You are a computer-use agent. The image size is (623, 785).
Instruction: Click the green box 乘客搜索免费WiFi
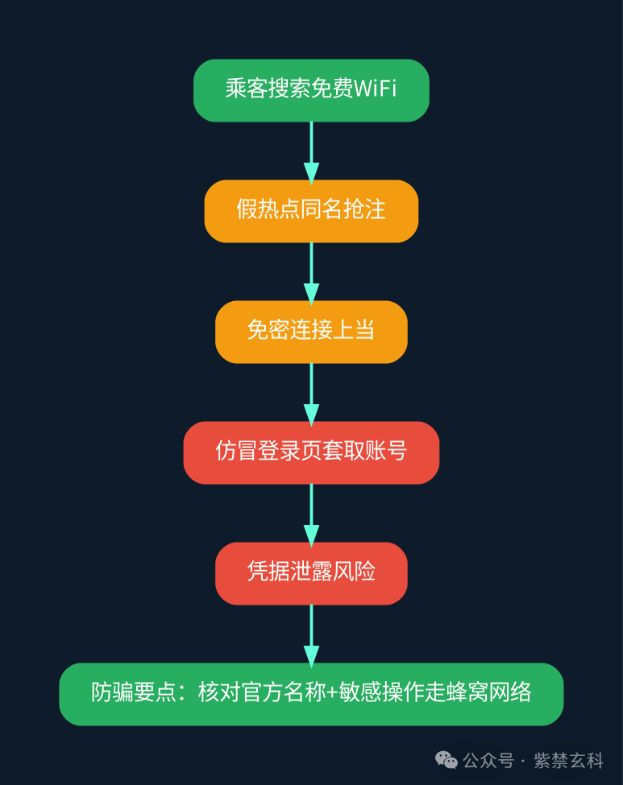[x=311, y=90]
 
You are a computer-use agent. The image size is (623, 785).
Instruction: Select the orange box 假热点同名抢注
[x=311, y=211]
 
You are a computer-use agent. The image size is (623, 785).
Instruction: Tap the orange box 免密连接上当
[x=311, y=332]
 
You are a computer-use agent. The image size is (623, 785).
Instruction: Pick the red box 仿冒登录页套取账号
[x=311, y=452]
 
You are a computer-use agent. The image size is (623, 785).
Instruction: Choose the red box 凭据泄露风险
[x=311, y=573]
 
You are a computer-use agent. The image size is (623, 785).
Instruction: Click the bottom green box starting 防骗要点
[x=311, y=694]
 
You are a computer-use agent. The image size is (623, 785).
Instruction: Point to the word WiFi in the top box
[x=376, y=89]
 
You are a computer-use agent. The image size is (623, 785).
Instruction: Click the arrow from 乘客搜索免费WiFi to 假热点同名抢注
[x=311, y=152]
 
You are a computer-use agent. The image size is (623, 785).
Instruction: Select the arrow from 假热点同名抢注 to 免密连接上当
[x=311, y=274]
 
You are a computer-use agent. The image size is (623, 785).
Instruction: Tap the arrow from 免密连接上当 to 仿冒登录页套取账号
[x=311, y=394]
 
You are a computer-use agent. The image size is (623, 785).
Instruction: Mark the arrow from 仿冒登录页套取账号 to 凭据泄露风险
[x=311, y=514]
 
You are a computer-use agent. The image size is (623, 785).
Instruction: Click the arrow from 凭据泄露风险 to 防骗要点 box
[x=311, y=635]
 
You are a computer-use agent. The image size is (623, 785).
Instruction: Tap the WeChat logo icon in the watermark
[x=446, y=760]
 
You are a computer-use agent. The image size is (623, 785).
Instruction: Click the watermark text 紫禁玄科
[x=568, y=761]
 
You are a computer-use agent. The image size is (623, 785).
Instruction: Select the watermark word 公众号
[x=488, y=761]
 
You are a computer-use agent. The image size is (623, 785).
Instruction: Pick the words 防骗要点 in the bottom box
[x=134, y=692]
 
